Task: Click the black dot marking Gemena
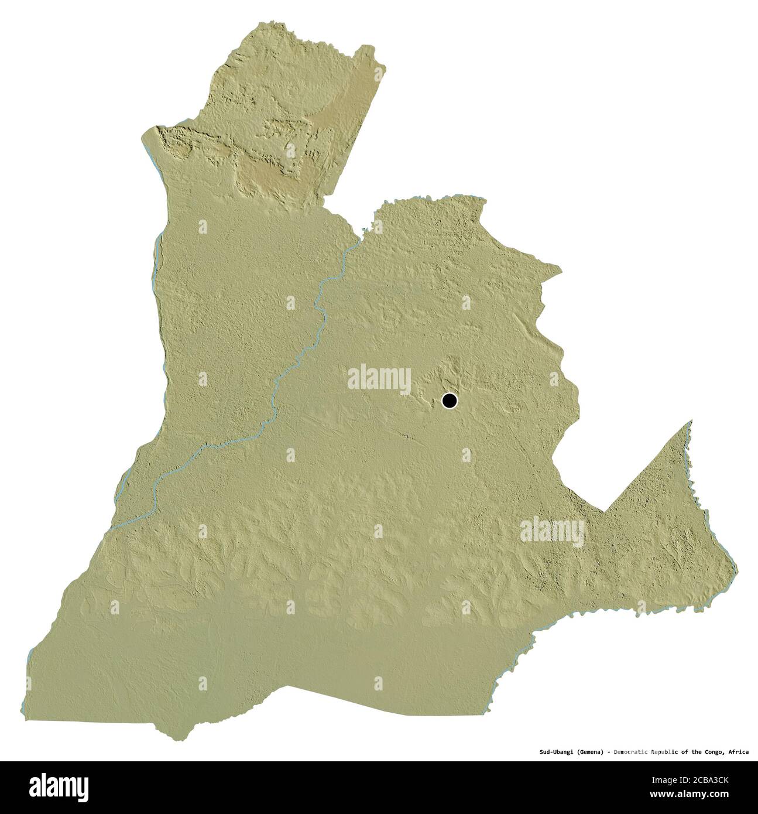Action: pyautogui.click(x=449, y=401)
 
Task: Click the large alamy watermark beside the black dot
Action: pyautogui.click(x=379, y=378)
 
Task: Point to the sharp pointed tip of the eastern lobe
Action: pyautogui.click(x=691, y=420)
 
